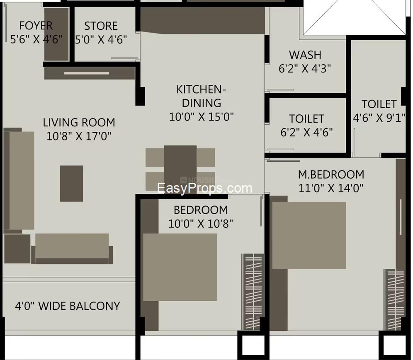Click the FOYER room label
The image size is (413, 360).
[x=36, y=26]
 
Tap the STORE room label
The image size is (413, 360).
[x=101, y=26]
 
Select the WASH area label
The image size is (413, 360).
[x=305, y=55]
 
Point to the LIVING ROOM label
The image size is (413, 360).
[x=79, y=123]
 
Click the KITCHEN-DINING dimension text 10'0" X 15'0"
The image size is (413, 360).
[x=202, y=116]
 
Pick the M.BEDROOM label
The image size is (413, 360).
[x=331, y=174]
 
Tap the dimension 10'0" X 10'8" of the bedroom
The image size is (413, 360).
[x=201, y=224]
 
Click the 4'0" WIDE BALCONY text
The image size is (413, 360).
[x=68, y=306]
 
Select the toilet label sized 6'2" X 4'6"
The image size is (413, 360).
[x=306, y=118]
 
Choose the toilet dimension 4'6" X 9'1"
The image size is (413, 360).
[x=379, y=118]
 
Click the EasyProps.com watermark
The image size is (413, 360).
[x=205, y=188]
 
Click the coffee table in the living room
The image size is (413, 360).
[x=71, y=184]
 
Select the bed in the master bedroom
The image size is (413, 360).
[x=309, y=235]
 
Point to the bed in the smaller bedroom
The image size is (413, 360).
[x=180, y=267]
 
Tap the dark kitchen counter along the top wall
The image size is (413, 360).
[x=202, y=20]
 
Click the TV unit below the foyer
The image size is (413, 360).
[x=90, y=73]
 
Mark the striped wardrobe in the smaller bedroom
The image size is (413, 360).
[x=253, y=292]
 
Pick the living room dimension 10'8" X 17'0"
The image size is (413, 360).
[x=79, y=136]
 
